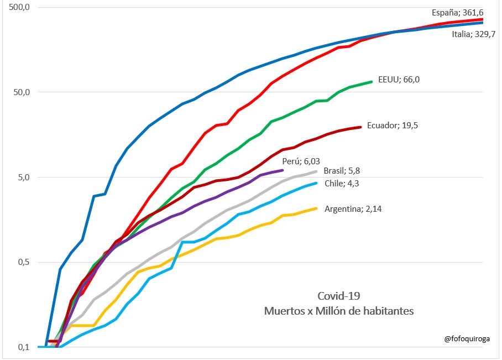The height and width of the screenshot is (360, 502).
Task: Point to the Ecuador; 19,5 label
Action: coord(391,126)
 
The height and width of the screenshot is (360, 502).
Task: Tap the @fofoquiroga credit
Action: coord(468,339)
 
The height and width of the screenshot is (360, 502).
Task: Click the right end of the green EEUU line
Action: coord(372,81)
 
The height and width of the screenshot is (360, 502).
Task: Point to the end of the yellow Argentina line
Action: coord(316,208)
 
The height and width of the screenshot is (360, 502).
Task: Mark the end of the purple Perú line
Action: coord(283,170)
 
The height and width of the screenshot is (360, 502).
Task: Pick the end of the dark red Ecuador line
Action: coord(360,127)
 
